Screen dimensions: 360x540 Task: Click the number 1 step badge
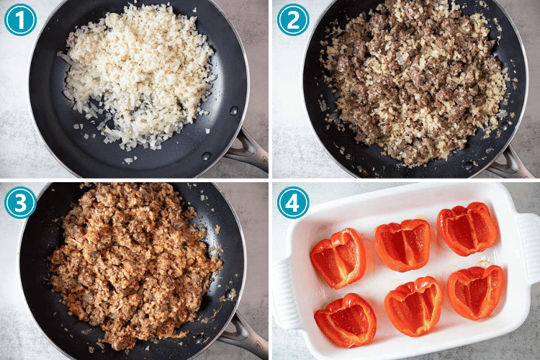pyautogui.click(x=20, y=20)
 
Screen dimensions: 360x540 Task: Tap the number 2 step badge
pyautogui.click(x=293, y=20)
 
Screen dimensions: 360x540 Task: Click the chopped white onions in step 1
pyautogui.click(x=137, y=72)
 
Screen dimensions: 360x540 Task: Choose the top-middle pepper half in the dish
pyautogui.click(x=404, y=245)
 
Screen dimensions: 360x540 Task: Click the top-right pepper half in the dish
pyautogui.click(x=468, y=229)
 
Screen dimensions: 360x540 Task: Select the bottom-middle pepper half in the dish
pyautogui.click(x=414, y=305)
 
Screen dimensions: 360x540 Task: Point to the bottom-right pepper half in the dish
pyautogui.click(x=475, y=292)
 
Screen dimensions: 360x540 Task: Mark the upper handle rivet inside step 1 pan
pyautogui.click(x=233, y=111)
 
